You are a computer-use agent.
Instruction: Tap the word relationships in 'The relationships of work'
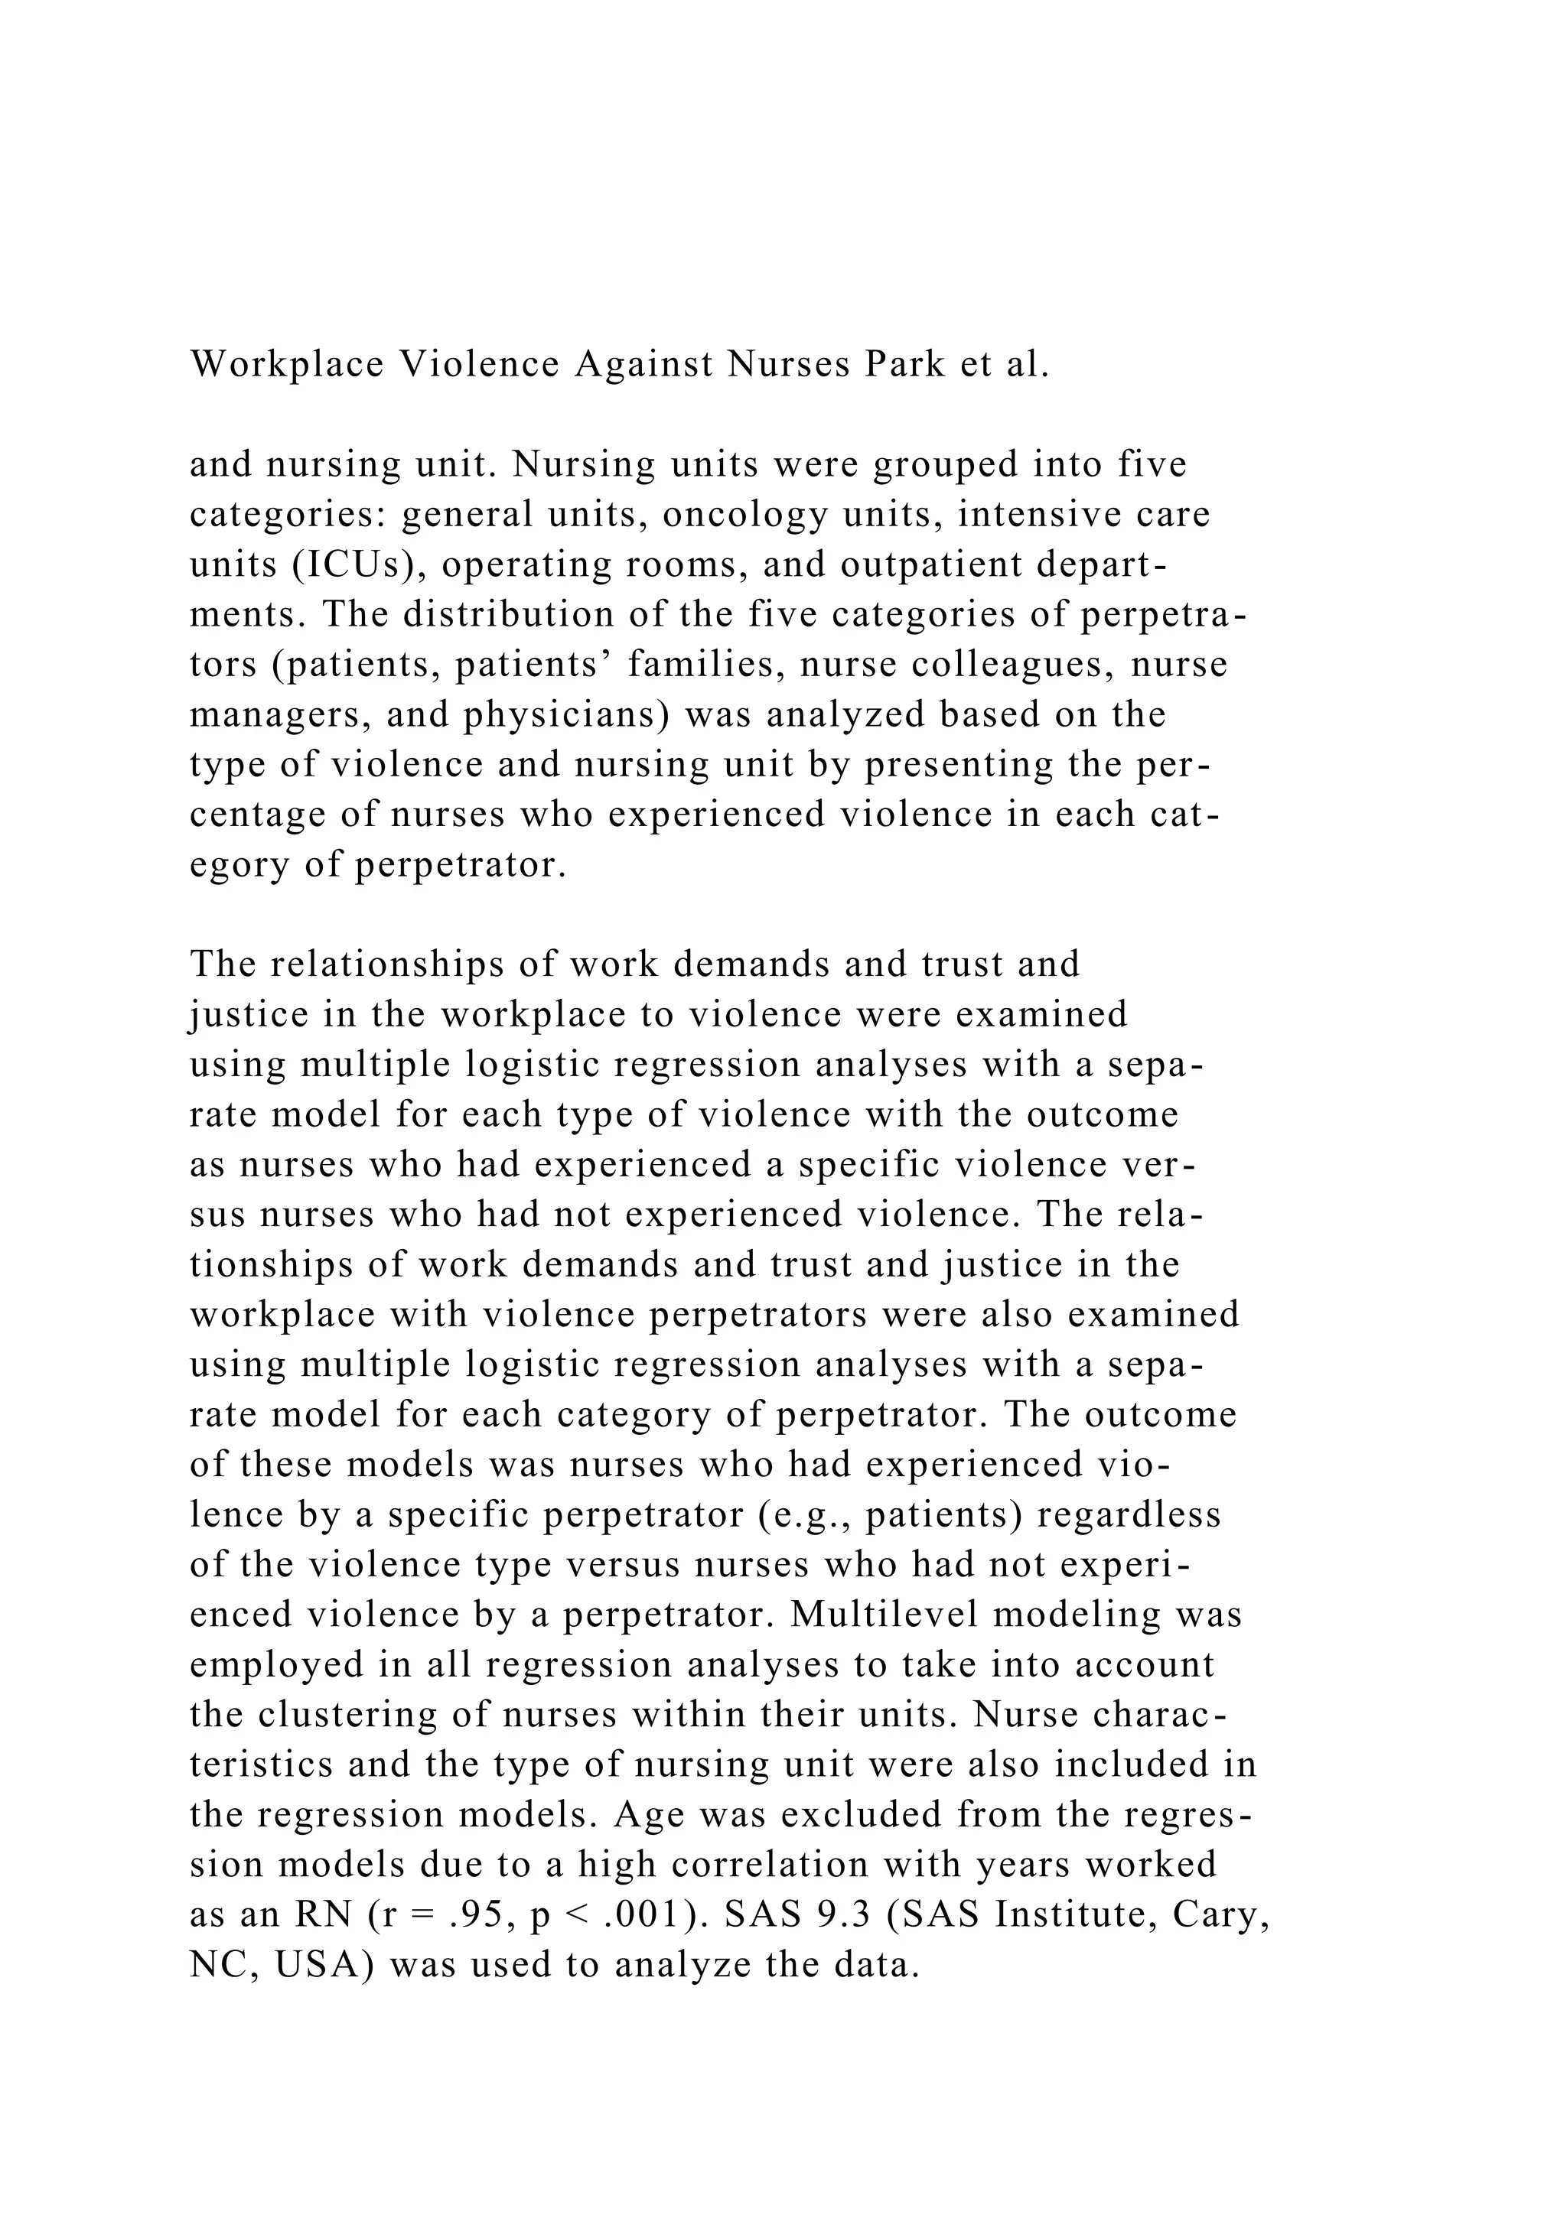pyautogui.click(x=409, y=964)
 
